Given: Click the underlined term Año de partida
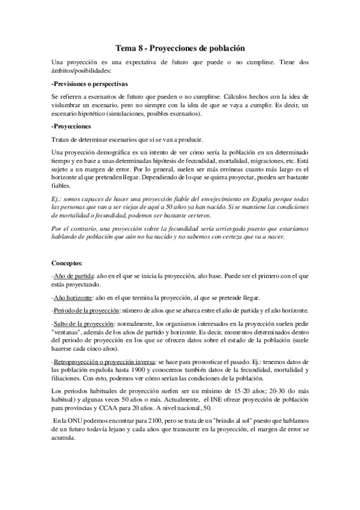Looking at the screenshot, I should tap(73, 276).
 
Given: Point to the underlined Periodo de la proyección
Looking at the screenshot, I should tap(86, 311).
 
